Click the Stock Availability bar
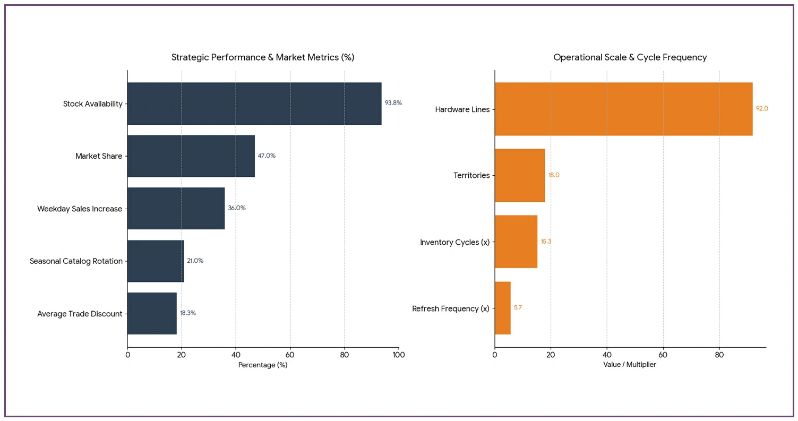coord(254,104)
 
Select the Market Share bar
coord(191,156)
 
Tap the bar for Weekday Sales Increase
coord(176,209)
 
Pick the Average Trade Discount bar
coord(152,313)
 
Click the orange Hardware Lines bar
coord(623,109)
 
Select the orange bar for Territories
coord(520,175)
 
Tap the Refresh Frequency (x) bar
coord(502,308)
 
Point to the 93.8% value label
coord(393,103)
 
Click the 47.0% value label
coord(267,156)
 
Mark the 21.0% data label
coord(195,261)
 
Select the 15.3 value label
coord(546,242)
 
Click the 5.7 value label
coord(518,307)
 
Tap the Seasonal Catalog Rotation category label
coord(76,261)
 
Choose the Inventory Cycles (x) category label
coord(454,242)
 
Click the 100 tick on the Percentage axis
coord(398,355)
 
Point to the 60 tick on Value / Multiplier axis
coord(663,355)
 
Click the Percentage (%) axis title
coord(263,365)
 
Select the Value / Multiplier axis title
coord(630,365)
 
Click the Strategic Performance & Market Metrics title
coord(263,57)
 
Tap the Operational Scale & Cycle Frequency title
coord(630,57)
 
